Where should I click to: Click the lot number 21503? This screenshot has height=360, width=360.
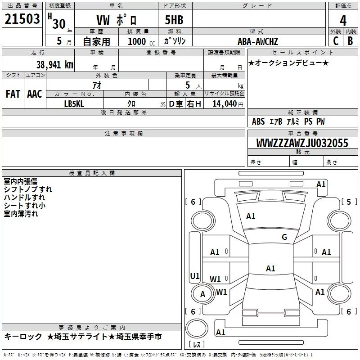[22, 19]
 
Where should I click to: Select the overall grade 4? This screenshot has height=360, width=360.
[343, 21]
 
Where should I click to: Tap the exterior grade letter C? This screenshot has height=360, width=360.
[336, 41]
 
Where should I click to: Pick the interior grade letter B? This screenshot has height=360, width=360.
[351, 41]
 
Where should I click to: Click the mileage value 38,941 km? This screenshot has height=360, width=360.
[55, 65]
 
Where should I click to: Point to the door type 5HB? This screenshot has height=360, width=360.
[174, 20]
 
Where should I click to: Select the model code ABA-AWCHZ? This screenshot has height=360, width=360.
[258, 41]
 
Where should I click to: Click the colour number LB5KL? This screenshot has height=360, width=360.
[74, 104]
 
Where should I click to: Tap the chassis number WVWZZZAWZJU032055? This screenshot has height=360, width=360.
[302, 143]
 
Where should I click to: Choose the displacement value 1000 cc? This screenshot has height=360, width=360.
[141, 41]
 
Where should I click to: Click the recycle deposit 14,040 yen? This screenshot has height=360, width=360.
[228, 104]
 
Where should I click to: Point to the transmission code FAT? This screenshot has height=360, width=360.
[13, 94]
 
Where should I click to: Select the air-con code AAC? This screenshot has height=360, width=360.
[35, 94]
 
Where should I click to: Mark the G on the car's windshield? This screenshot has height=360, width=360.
[284, 237]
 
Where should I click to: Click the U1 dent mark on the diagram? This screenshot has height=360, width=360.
[195, 276]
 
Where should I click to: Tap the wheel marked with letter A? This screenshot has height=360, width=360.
[203, 294]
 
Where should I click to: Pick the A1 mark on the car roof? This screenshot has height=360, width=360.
[270, 268]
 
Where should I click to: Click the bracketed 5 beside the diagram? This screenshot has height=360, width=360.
[349, 202]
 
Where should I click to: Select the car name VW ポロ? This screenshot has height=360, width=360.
[117, 20]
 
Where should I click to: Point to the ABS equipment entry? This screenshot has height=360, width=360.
[258, 121]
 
